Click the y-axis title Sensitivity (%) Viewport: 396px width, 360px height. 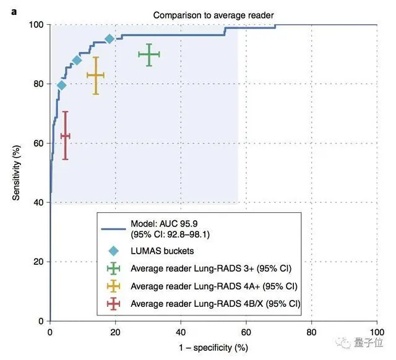click(18, 173)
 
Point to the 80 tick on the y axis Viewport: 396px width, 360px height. click(39, 84)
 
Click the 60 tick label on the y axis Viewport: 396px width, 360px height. click(39, 144)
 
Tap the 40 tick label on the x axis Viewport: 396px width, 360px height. click(181, 332)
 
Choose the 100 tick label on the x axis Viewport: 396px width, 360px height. click(376, 332)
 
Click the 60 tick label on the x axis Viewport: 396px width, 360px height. click(246, 332)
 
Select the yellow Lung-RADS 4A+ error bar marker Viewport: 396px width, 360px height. click(95, 75)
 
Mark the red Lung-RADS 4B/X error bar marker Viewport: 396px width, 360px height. click(65, 135)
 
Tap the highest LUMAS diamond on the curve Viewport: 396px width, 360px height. click(110, 39)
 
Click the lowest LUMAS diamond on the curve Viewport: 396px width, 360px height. click(61, 85)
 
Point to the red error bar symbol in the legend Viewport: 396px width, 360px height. click(113, 303)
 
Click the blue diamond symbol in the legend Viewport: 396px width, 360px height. click(113, 251)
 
